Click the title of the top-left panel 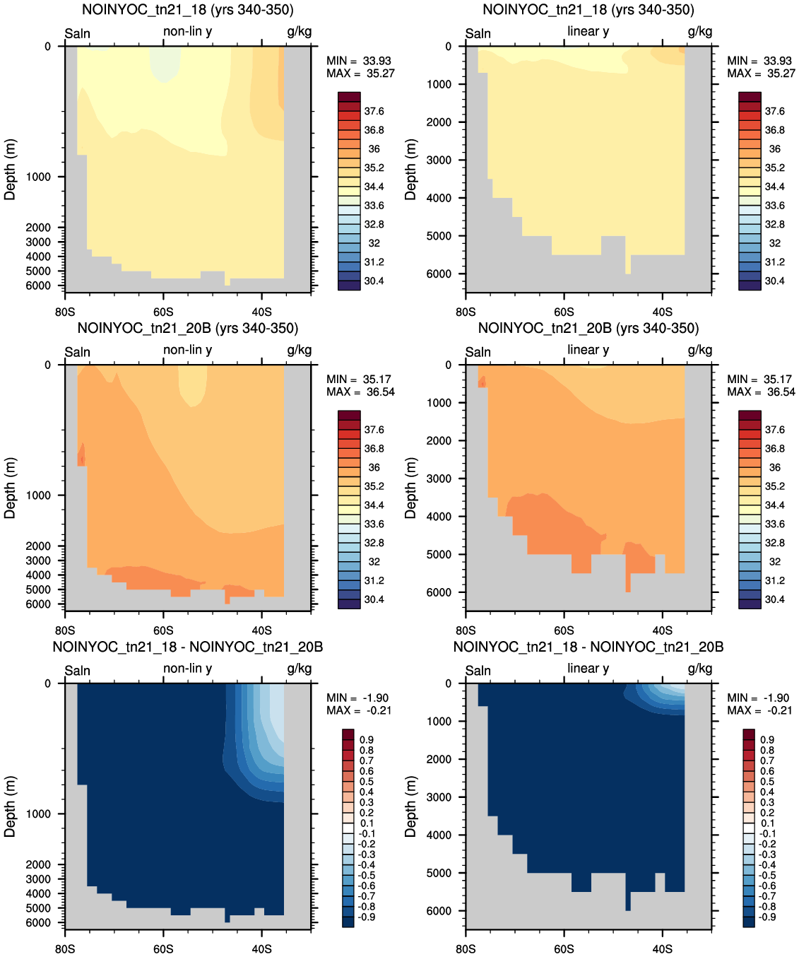click(x=187, y=10)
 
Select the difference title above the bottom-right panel click(x=588, y=647)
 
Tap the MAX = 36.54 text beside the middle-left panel click(x=360, y=392)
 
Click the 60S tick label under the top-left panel click(x=163, y=312)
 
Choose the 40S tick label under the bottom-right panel click(x=662, y=949)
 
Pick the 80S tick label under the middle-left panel click(x=64, y=630)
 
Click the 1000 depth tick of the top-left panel click(x=37, y=177)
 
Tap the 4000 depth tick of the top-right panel click(x=439, y=198)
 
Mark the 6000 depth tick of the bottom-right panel click(x=439, y=911)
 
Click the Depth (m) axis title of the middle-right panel click(x=410, y=488)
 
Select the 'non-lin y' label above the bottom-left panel click(x=187, y=669)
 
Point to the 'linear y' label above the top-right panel click(x=588, y=31)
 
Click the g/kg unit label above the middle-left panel click(x=299, y=351)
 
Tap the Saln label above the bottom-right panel click(x=478, y=671)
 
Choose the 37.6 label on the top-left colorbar click(x=374, y=112)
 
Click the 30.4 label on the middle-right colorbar click(x=774, y=599)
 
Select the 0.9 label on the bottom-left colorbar click(x=367, y=740)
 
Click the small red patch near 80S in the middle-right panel click(x=483, y=382)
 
